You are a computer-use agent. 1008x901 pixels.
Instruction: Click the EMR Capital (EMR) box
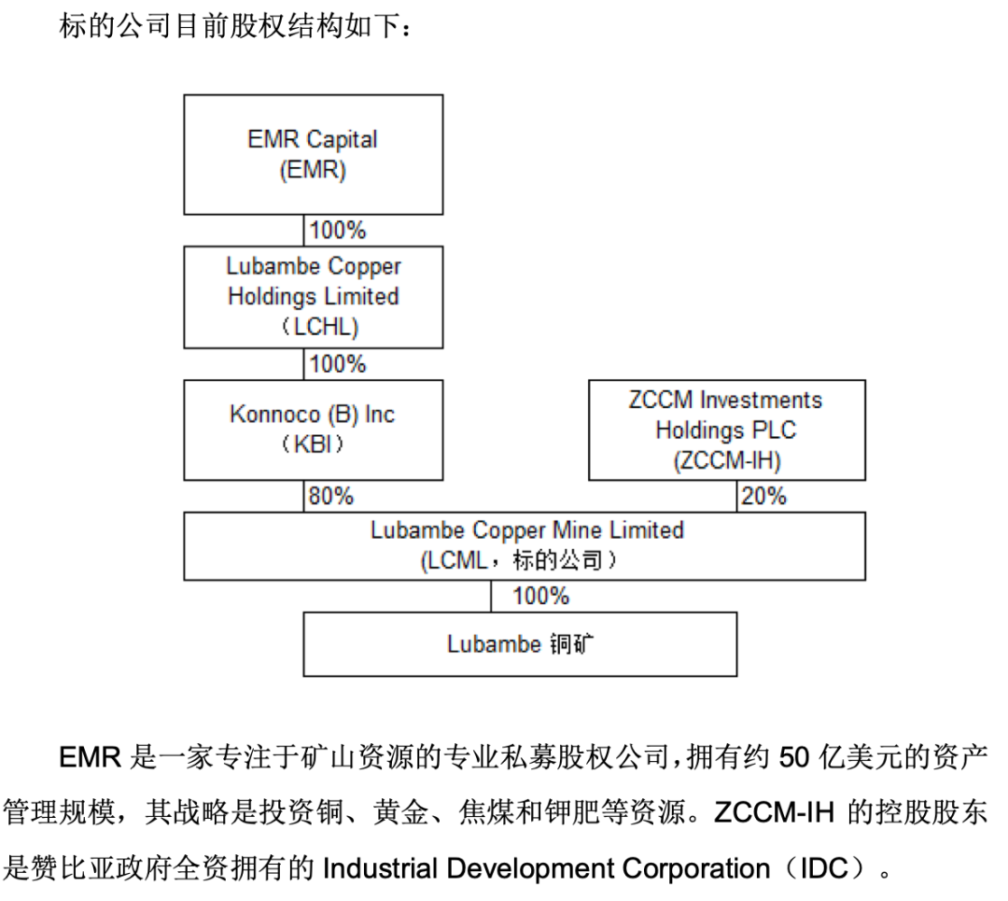(313, 155)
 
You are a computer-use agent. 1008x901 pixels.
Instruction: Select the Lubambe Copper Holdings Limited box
(313, 297)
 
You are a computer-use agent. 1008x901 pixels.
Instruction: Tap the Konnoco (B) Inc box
(313, 429)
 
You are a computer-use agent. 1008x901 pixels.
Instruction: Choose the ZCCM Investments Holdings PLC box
(726, 429)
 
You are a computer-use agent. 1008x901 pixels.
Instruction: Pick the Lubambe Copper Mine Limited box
(525, 545)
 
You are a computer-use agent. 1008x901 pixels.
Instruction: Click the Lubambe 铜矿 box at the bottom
(520, 644)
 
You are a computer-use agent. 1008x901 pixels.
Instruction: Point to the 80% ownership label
(331, 497)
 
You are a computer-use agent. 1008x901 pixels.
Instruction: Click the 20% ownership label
(763, 497)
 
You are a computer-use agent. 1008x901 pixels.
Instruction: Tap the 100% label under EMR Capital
(337, 230)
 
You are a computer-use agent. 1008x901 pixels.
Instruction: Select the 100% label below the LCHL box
(337, 364)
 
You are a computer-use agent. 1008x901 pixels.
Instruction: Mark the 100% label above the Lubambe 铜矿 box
(540, 596)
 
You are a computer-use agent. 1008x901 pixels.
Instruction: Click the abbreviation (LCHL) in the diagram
(313, 327)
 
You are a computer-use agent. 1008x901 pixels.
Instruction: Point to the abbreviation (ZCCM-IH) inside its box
(726, 460)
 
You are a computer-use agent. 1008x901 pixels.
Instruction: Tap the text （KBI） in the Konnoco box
(313, 444)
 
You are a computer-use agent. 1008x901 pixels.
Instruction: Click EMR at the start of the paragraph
(91, 756)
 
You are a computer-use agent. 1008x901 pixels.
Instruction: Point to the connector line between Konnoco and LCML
(304, 496)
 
